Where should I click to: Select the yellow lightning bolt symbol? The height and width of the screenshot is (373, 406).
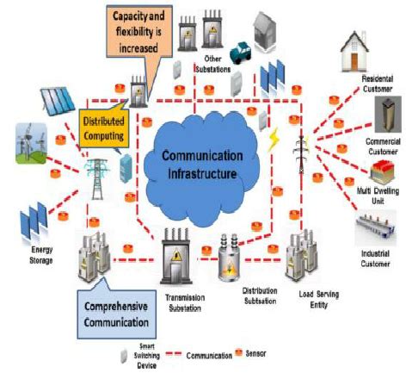point(275,141)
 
